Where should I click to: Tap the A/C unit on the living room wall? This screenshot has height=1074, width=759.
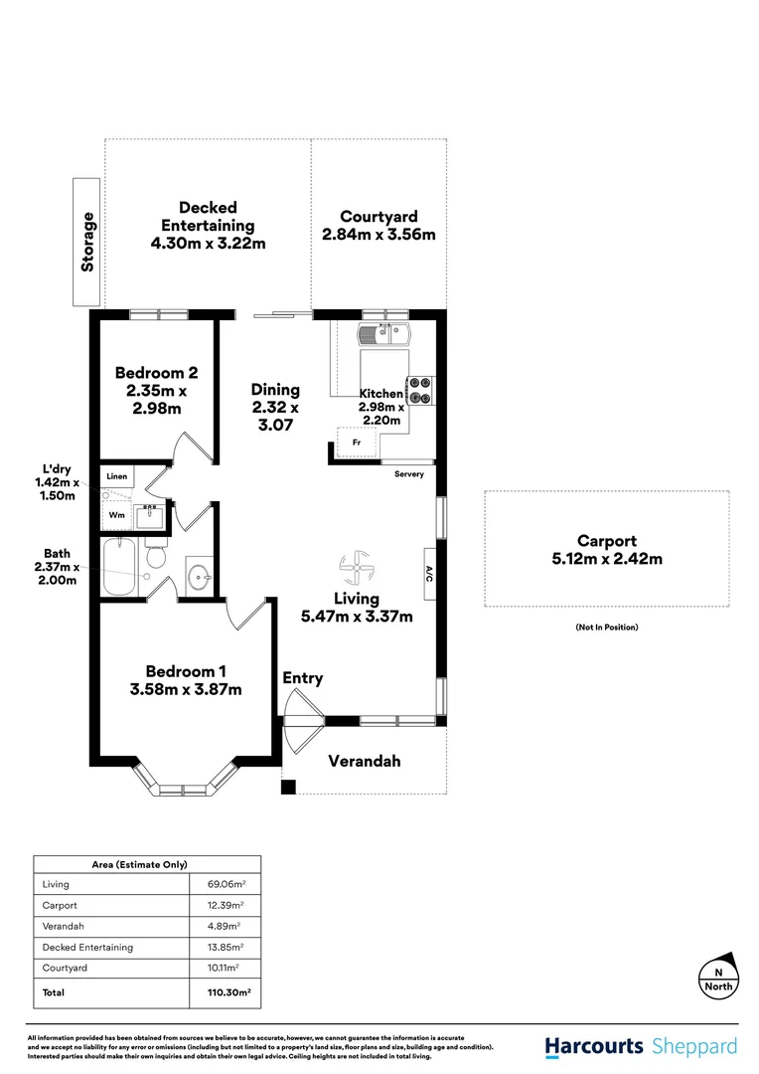coord(430,574)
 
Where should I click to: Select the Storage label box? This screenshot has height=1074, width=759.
coord(88,242)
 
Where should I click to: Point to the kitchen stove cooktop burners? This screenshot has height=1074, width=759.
coord(419,389)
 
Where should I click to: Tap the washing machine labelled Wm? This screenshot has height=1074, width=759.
coord(116,515)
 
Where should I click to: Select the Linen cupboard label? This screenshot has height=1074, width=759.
coord(117,477)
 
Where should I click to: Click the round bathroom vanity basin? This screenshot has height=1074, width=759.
coord(200,575)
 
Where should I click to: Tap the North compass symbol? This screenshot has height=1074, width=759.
coord(718,980)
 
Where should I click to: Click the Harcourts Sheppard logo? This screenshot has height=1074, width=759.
coord(641,1046)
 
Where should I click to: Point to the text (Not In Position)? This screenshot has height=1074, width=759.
coord(606,626)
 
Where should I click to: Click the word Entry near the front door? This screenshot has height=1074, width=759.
coord(303,678)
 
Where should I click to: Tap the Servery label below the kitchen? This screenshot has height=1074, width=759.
coord(409,474)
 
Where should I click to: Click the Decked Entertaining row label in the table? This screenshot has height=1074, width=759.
coord(87,947)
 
